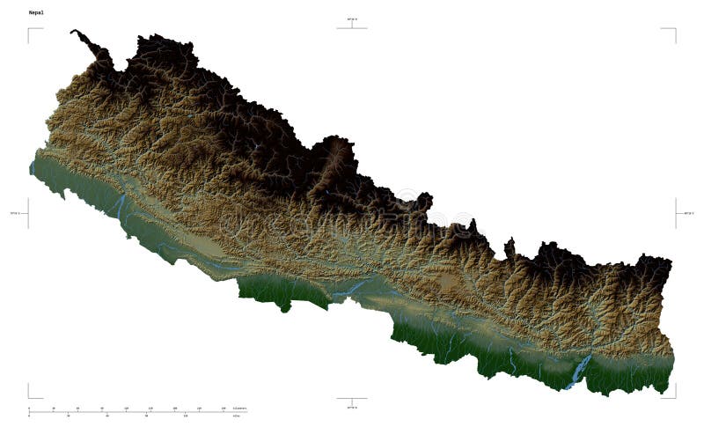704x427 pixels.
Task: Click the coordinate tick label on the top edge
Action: tap(352, 18)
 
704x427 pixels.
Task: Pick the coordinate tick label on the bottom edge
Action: tap(352, 408)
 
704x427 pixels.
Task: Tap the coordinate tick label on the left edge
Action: tap(14, 212)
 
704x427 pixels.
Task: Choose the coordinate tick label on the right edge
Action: tap(689, 212)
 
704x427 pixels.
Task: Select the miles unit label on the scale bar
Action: tap(236, 416)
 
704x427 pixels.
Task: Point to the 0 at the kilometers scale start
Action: tap(29, 409)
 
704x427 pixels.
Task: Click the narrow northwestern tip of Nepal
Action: tap(76, 33)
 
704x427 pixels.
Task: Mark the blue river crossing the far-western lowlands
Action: tap(120, 208)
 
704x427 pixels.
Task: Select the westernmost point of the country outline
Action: tap(30, 166)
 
